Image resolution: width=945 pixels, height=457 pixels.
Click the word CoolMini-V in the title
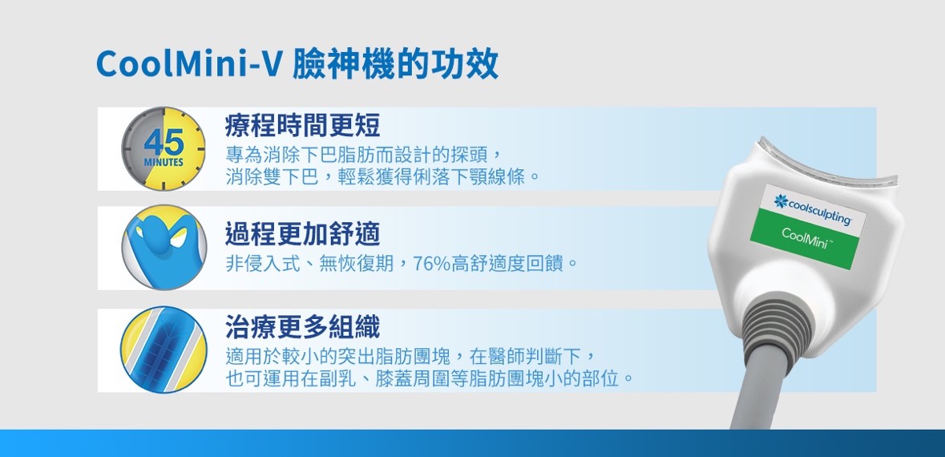188,63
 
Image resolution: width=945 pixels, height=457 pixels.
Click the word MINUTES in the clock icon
164,163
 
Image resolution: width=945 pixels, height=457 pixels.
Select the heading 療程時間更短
302,126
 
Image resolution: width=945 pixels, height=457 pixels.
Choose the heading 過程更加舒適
302,234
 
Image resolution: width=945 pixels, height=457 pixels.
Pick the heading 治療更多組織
302,327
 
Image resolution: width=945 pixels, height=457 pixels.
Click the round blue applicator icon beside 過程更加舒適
164,248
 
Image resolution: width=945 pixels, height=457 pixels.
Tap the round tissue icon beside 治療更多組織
164,350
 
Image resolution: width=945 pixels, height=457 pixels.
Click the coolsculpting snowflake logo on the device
781,201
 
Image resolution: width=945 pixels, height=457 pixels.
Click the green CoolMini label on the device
803,237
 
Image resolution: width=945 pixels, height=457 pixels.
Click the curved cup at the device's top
829,164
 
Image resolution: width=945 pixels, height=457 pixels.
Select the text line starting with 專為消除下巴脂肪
363,155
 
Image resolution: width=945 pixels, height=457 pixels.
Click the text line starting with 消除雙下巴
382,177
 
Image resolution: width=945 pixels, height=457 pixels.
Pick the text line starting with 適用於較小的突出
412,357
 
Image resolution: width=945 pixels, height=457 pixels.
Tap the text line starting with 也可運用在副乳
430,379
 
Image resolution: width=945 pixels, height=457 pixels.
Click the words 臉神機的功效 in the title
395,64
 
